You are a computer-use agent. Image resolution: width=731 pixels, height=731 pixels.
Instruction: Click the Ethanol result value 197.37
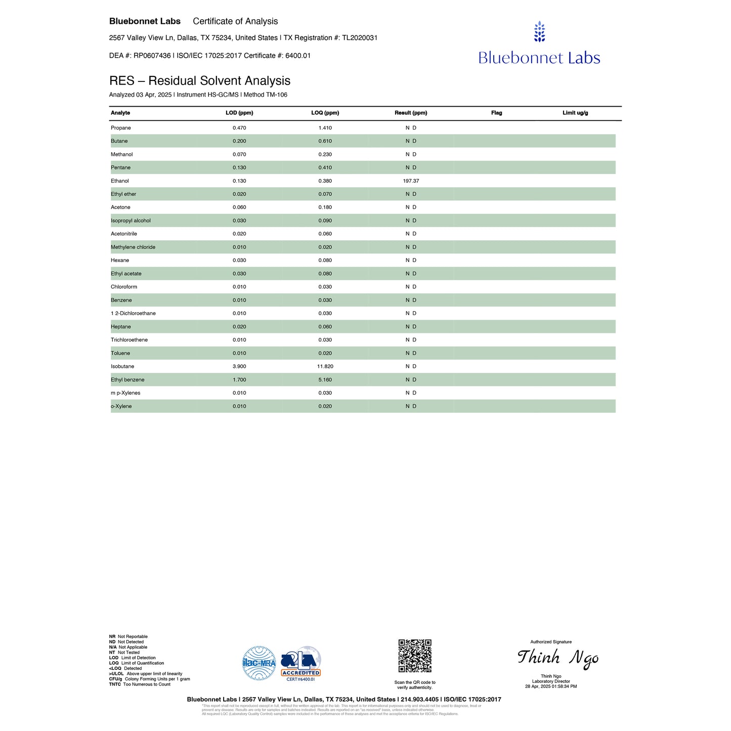411,181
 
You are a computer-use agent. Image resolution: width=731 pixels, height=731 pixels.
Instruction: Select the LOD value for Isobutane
239,366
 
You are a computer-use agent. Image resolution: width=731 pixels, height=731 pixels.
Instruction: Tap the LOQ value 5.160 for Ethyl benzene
325,380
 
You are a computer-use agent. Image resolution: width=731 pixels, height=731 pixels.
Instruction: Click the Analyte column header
120,113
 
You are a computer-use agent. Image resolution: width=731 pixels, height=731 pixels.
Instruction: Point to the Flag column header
496,113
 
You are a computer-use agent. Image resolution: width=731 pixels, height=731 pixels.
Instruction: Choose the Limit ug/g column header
575,113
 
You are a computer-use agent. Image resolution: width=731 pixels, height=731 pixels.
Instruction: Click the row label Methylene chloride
133,247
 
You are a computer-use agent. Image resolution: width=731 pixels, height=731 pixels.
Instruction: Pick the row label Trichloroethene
129,340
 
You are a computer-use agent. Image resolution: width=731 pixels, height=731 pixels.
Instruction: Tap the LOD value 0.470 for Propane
239,128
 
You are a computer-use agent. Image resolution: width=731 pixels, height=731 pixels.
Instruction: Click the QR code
415,656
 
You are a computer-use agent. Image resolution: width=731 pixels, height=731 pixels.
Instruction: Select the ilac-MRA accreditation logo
259,663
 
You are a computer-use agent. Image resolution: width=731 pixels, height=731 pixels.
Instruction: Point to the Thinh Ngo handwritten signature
557,658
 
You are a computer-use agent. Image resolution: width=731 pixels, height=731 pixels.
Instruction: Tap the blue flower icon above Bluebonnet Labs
539,31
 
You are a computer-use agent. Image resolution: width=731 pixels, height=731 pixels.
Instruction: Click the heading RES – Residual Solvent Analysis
200,81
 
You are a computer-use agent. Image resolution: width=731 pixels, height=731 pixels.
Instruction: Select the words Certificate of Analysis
235,21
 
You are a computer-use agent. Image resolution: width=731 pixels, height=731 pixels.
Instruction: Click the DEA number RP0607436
152,56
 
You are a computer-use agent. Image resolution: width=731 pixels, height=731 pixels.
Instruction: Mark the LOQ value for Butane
325,141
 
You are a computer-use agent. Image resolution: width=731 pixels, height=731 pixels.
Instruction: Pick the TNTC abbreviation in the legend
115,684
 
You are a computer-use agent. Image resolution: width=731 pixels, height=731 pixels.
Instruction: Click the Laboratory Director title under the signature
550,681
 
